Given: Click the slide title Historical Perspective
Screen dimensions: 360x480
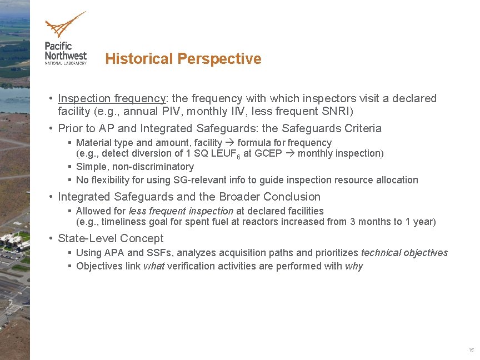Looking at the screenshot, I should click(183, 59).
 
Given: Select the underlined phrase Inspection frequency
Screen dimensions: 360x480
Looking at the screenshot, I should click(112, 98).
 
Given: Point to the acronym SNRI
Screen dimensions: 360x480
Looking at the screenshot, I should click(332, 111).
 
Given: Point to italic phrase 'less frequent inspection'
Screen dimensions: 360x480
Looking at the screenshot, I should click(181, 211).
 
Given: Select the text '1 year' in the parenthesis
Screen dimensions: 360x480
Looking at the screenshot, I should click(419, 222).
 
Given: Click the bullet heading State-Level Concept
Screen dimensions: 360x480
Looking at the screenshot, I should click(111, 238).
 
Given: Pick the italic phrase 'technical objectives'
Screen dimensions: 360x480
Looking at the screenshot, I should click(404, 253).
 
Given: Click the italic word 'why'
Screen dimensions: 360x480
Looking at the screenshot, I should click(353, 266).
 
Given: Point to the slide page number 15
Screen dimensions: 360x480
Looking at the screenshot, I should click(471, 350).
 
